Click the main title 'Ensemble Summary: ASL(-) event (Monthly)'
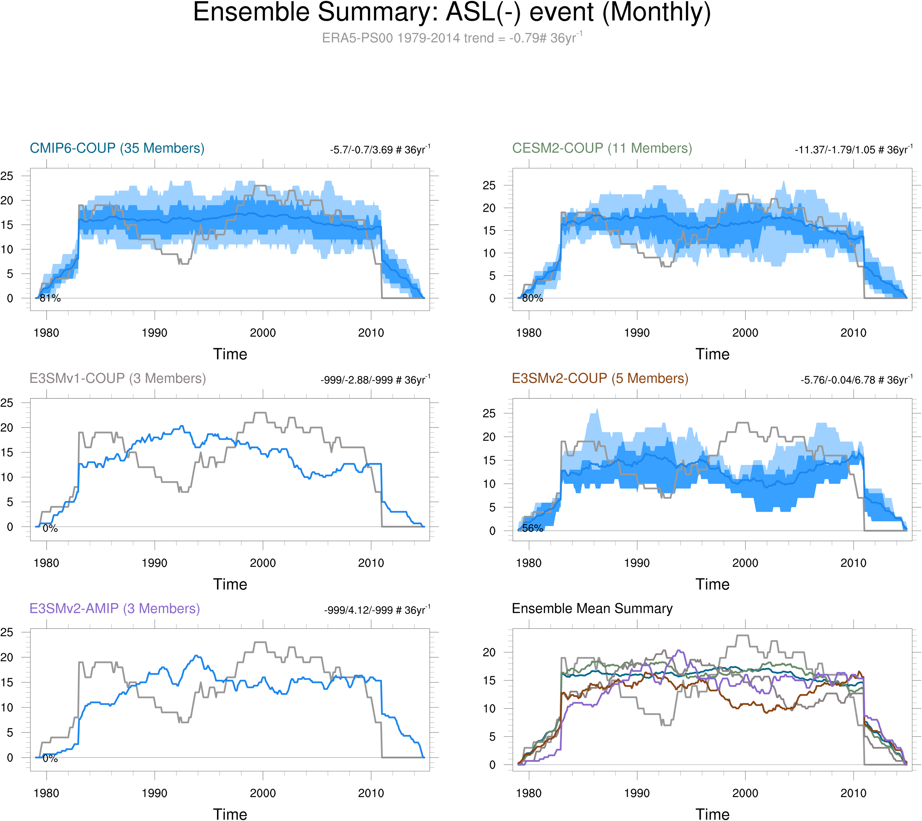[x=452, y=13]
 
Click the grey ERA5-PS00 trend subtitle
[x=452, y=38]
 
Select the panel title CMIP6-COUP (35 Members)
[x=117, y=148]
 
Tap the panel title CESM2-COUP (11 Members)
[x=602, y=148]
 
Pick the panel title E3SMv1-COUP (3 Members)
[x=117, y=378]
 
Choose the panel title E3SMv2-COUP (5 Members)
[x=600, y=378]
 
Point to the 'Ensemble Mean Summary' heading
[x=592, y=608]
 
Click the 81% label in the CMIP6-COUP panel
[x=50, y=298]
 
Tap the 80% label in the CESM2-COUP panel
[x=533, y=298]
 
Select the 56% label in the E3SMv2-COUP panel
[x=533, y=528]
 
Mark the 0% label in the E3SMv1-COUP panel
[x=50, y=528]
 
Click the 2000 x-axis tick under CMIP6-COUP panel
[x=263, y=333]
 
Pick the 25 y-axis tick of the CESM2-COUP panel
[x=489, y=185]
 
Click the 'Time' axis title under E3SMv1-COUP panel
[x=230, y=584]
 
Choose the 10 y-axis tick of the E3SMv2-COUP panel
[x=489, y=484]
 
